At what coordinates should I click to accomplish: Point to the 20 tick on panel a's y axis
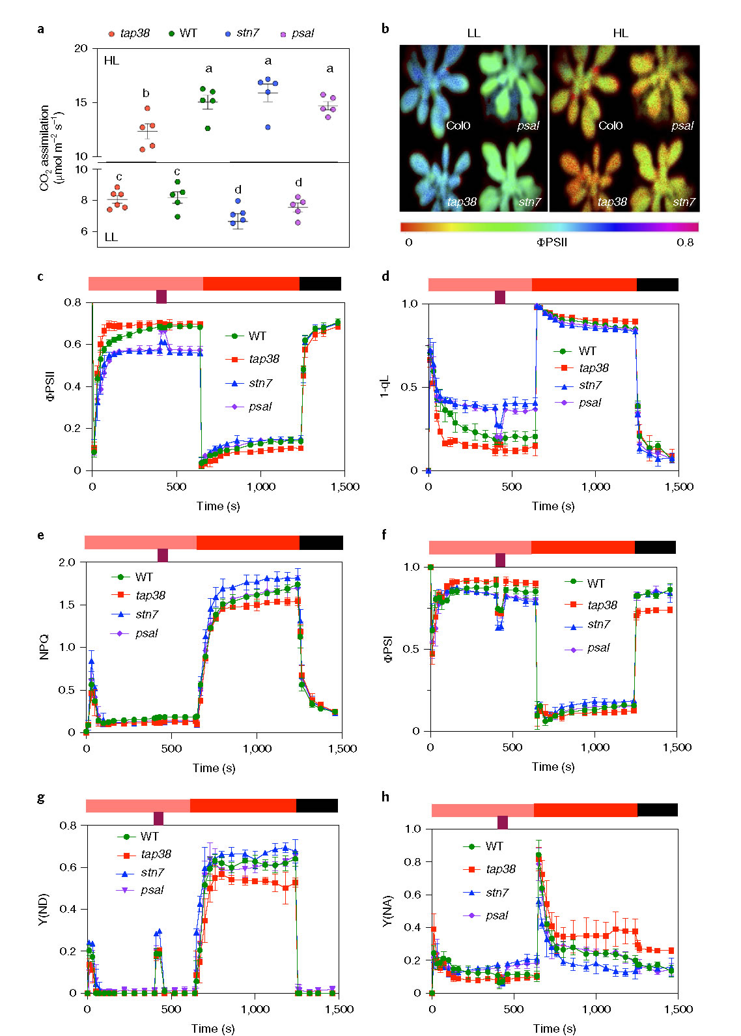pyautogui.click(x=81, y=48)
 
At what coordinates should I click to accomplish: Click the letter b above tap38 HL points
pyautogui.click(x=146, y=93)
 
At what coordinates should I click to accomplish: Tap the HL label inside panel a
pyautogui.click(x=111, y=61)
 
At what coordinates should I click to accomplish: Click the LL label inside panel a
pyautogui.click(x=111, y=237)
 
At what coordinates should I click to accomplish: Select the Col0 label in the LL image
pyautogui.click(x=458, y=126)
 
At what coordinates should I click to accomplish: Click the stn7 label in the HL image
pyautogui.click(x=684, y=202)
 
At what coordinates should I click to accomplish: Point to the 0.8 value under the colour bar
pyautogui.click(x=684, y=242)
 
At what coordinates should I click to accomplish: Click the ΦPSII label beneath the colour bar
pyautogui.click(x=552, y=242)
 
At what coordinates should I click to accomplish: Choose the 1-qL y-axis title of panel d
pyautogui.click(x=385, y=386)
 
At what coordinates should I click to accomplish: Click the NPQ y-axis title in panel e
pyautogui.click(x=44, y=647)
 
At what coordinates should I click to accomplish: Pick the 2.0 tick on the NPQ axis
pyautogui.click(x=67, y=562)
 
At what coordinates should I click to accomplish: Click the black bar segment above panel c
pyautogui.click(x=320, y=283)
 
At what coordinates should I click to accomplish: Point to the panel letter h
pyautogui.click(x=385, y=797)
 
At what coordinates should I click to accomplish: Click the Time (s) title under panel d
pyautogui.click(x=553, y=506)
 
